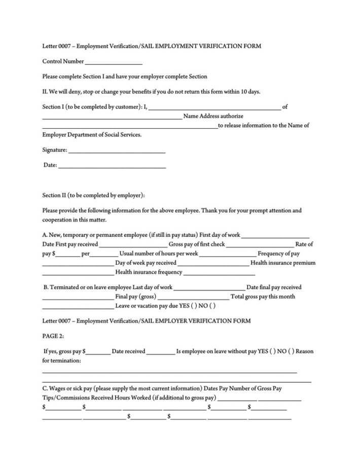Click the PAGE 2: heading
tap(53, 336)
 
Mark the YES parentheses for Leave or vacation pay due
tap(194, 306)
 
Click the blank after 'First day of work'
tap(268, 236)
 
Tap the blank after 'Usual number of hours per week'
tap(228, 254)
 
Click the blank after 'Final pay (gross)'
tap(193, 297)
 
